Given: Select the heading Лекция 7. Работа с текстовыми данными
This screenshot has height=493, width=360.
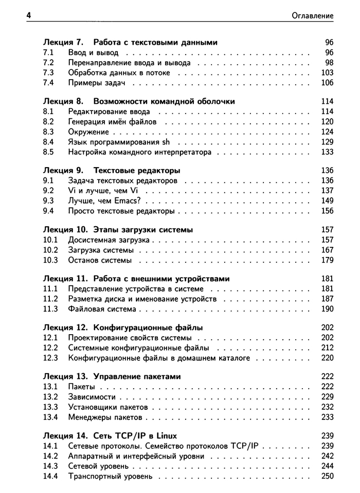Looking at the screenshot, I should (131, 42).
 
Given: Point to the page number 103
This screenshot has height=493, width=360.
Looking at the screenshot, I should (327, 73).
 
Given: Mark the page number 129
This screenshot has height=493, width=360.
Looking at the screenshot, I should (327, 142).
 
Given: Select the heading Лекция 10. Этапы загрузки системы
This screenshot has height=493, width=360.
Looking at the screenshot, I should (121, 230).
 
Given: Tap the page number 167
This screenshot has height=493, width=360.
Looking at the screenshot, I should (327, 250).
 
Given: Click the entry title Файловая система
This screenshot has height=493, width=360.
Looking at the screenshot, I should (102, 309).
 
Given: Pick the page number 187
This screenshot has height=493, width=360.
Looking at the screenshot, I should (327, 299).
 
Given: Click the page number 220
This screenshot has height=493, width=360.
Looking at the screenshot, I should (327, 358).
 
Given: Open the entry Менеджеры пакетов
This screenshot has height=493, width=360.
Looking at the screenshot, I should (105, 417).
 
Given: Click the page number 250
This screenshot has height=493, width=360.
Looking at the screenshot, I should (327, 476).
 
